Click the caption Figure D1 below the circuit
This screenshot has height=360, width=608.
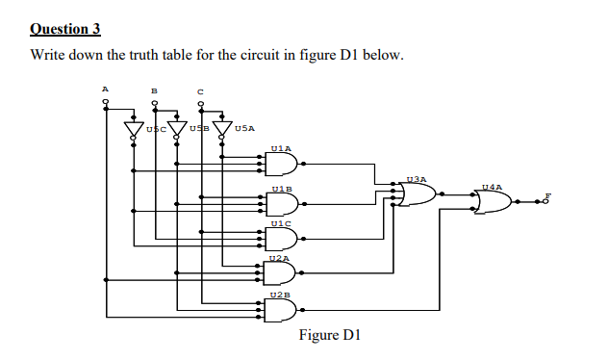[329, 335]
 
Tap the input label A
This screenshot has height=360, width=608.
[107, 89]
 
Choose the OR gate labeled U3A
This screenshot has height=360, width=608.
[416, 193]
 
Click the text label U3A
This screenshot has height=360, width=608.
[416, 179]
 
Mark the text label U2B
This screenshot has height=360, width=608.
[281, 294]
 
